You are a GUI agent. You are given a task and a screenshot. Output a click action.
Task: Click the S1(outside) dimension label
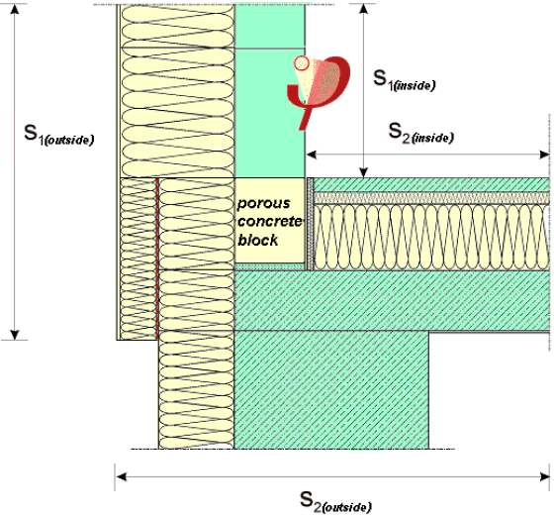pyautogui.click(x=59, y=134)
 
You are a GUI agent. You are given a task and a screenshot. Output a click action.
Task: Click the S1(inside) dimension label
pyautogui.click(x=405, y=80)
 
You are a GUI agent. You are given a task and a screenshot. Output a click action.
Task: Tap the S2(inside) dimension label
pyautogui.click(x=420, y=133)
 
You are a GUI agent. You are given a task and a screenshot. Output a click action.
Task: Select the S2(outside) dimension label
pyautogui.click(x=335, y=502)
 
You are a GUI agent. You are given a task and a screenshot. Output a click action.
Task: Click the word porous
pyautogui.click(x=263, y=203)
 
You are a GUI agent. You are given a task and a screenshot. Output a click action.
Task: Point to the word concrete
pyautogui.click(x=270, y=222)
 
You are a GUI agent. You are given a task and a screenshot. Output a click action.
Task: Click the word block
pyautogui.click(x=258, y=240)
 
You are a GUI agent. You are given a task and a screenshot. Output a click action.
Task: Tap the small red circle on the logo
pyautogui.click(x=302, y=63)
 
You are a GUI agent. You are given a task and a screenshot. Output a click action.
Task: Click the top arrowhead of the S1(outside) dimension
pyautogui.click(x=15, y=9)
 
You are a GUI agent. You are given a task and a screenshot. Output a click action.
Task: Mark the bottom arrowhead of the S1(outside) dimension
pyautogui.click(x=15, y=335)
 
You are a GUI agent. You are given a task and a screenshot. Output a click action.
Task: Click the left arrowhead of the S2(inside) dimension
pyautogui.click(x=312, y=155)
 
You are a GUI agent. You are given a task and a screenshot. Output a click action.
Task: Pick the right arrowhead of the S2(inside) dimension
pyautogui.click(x=544, y=155)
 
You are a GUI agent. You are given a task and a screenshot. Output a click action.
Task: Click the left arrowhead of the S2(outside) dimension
pyautogui.click(x=121, y=476)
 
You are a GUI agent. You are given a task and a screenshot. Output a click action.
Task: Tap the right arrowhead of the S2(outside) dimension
pyautogui.click(x=544, y=476)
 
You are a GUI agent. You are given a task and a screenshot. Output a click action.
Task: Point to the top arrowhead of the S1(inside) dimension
pyautogui.click(x=364, y=9)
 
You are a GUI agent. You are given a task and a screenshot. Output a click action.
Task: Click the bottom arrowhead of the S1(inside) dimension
pyautogui.click(x=364, y=172)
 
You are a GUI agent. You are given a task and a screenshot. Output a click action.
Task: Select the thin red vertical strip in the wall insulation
pyautogui.click(x=157, y=259)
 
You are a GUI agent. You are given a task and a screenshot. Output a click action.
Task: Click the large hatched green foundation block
pyautogui.click(x=331, y=389)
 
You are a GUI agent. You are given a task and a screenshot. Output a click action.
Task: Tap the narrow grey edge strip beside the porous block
pyautogui.click(x=311, y=224)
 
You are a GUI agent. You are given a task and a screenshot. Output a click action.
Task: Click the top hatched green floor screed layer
pyautogui.click(x=431, y=184)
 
